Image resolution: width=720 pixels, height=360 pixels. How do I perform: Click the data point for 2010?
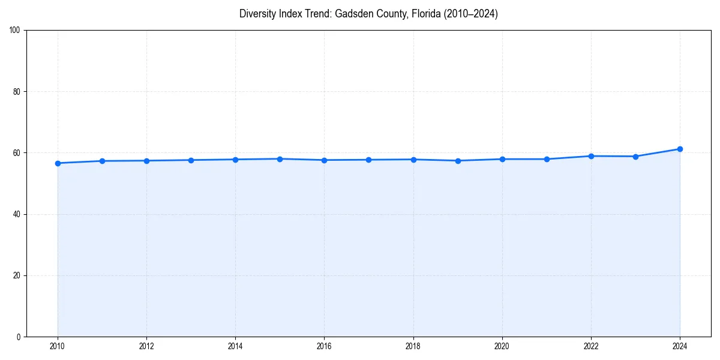point(58,163)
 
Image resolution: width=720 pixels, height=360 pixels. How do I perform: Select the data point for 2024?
point(680,149)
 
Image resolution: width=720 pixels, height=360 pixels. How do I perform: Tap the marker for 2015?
point(280,159)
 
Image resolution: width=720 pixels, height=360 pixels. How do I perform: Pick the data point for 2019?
point(458,161)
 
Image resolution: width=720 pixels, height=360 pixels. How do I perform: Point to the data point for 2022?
point(591,156)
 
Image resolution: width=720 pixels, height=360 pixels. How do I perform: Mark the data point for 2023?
point(635,157)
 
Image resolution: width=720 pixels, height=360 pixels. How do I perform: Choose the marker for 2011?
point(102,161)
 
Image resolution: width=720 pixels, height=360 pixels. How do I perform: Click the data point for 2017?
point(368,160)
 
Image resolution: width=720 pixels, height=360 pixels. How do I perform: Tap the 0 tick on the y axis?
point(19,337)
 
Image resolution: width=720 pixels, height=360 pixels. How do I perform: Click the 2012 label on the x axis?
point(146,346)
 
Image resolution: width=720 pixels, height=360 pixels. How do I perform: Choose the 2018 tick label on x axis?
point(413,346)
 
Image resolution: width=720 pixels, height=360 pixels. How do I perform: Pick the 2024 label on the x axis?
point(680,346)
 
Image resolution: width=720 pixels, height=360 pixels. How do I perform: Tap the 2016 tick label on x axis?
point(324,346)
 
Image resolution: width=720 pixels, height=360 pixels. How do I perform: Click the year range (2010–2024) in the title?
point(471,14)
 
